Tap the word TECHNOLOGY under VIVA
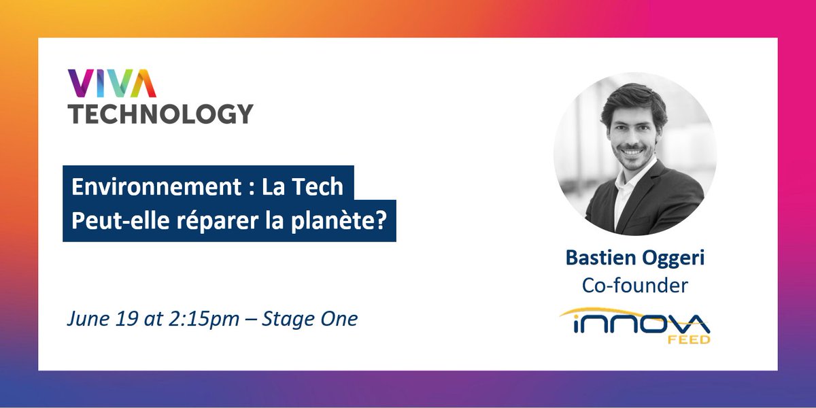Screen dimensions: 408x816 click(x=160, y=113)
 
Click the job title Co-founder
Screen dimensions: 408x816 click(x=634, y=286)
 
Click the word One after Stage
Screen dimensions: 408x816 click(x=336, y=319)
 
